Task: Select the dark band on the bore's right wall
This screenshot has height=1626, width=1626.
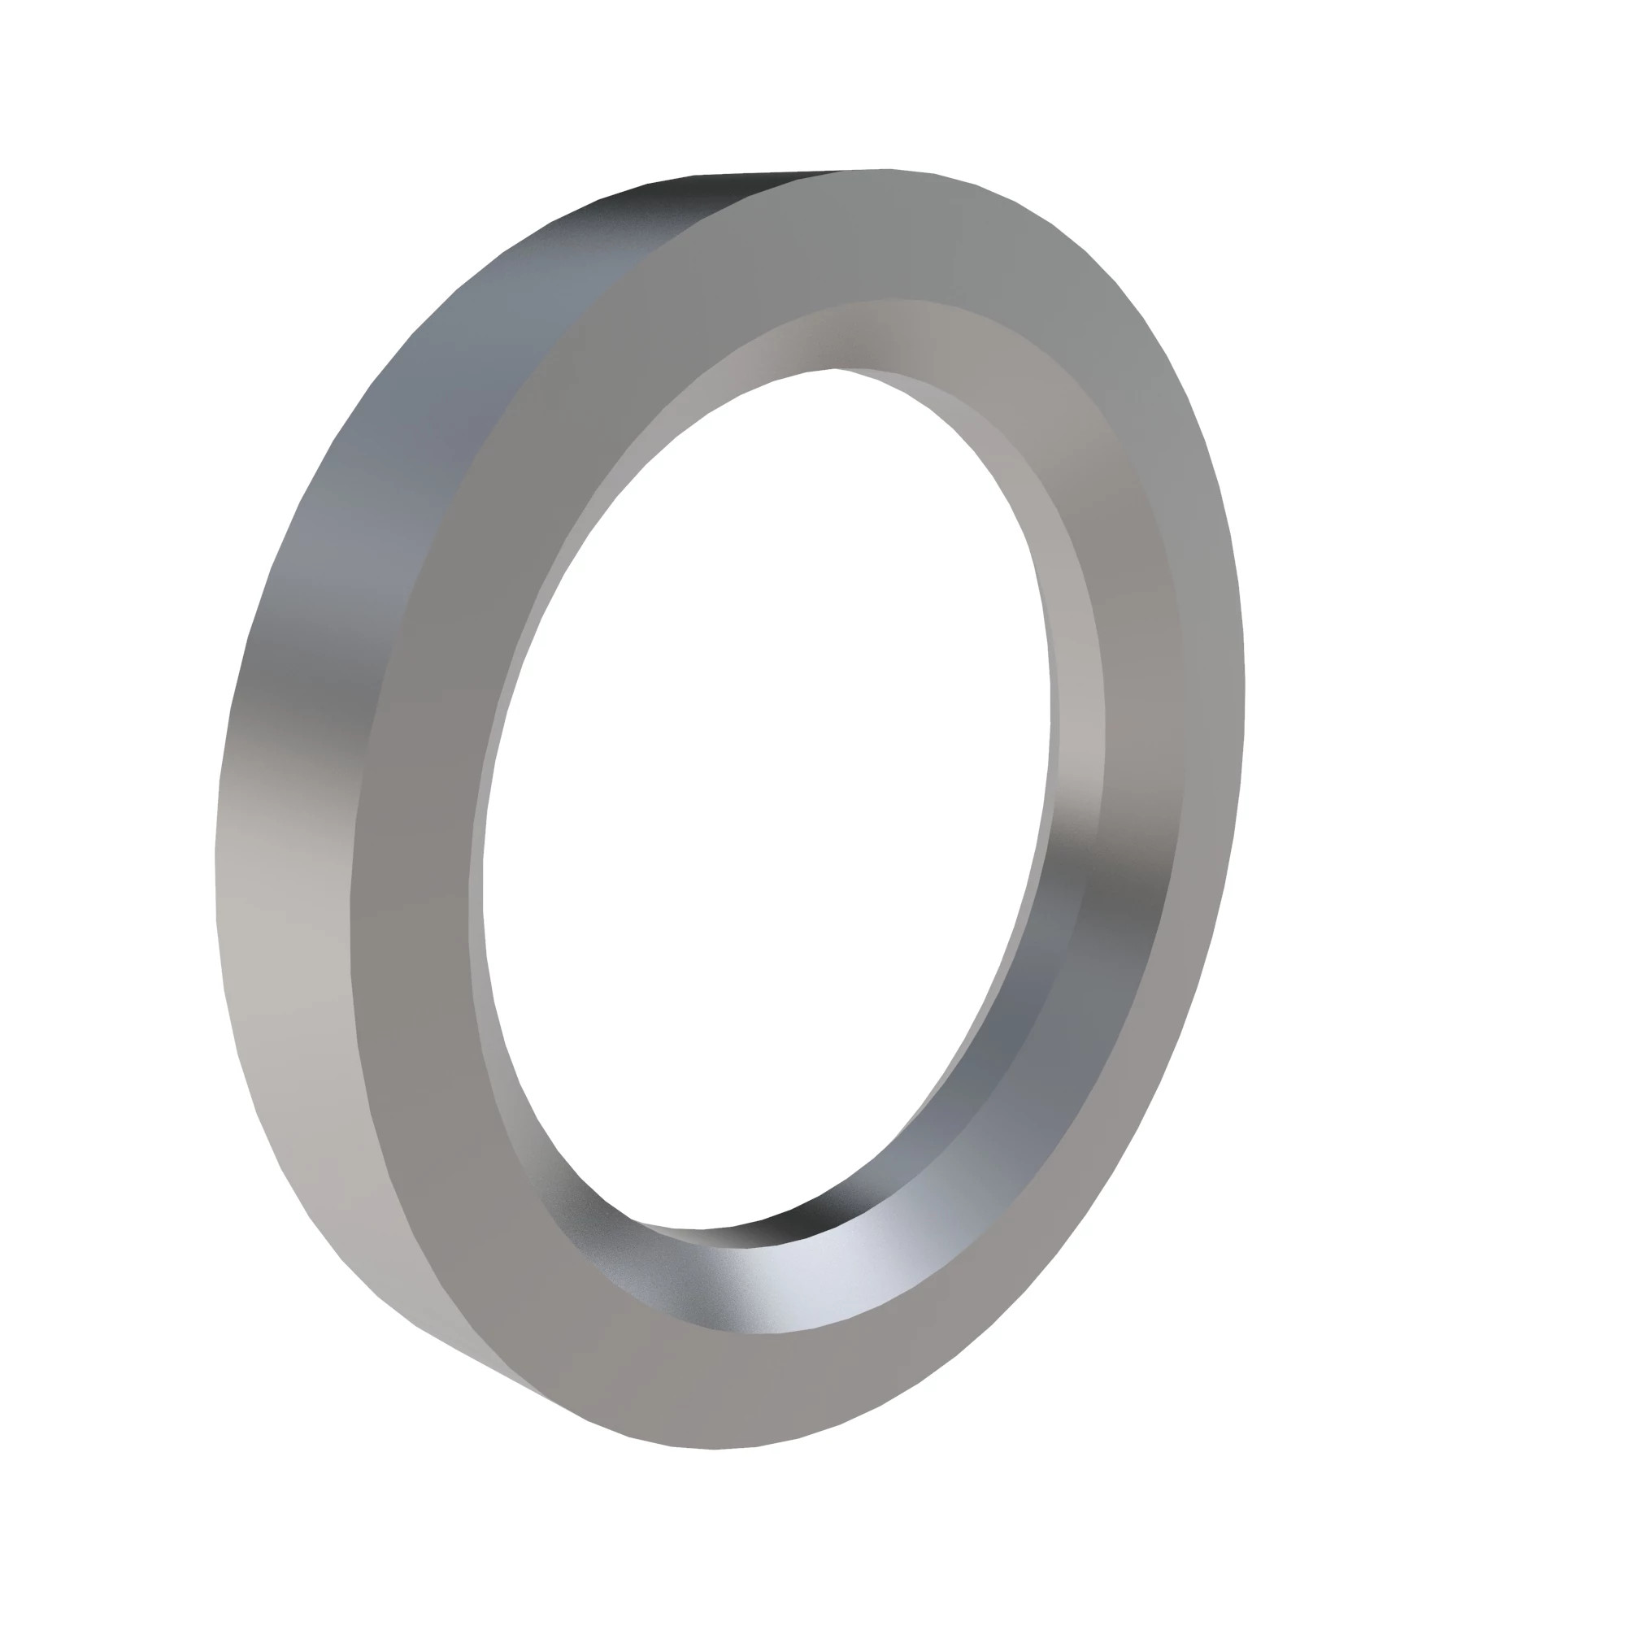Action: click(1111, 909)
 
